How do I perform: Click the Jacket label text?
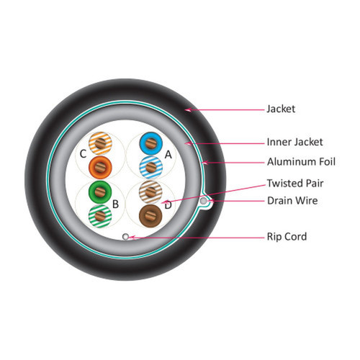coord(281,109)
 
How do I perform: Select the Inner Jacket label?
coord(294,142)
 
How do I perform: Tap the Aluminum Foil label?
coord(301,162)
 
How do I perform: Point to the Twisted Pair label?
coord(295,184)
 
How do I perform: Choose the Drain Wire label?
coord(292,201)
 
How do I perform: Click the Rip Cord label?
coord(287,237)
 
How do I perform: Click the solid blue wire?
coord(151,143)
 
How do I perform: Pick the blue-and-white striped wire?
coord(151,167)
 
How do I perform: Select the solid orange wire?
coord(100,167)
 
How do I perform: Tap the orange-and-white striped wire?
coord(100,143)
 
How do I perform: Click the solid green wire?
coord(100,192)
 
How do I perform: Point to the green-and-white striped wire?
coord(100,216)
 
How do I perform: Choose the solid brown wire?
coord(150,216)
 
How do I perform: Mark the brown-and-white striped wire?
coord(150,192)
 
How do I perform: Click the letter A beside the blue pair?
coord(168,155)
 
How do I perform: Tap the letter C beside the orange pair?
coord(83,154)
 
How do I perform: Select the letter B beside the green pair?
coord(115,204)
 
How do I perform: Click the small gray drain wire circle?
coord(203,201)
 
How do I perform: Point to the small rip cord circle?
coord(125,237)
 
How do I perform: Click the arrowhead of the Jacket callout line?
coord(188,110)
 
